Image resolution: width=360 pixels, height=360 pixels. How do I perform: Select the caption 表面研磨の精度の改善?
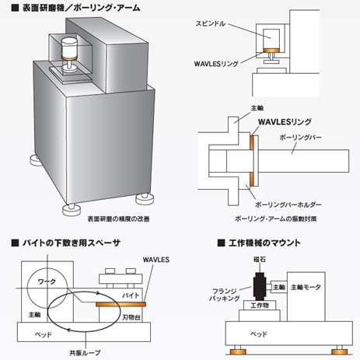[117, 220]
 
